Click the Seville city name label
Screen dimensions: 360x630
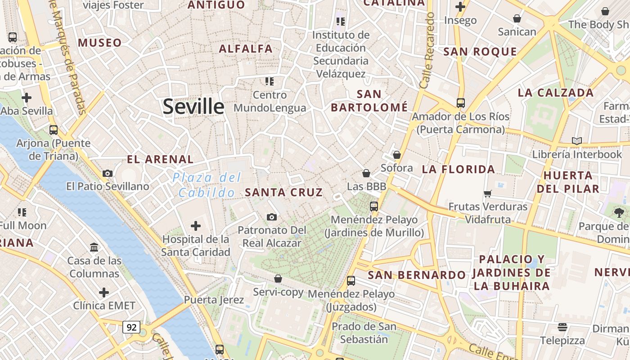pyautogui.click(x=193, y=107)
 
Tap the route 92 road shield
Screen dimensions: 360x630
pyautogui.click(x=131, y=327)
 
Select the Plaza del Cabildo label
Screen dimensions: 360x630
pyautogui.click(x=207, y=185)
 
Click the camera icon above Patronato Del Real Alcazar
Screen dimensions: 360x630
pyautogui.click(x=271, y=217)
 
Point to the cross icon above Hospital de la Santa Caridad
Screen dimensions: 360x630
pyautogui.click(x=195, y=225)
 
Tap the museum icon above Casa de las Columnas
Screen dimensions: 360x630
pyautogui.click(x=94, y=247)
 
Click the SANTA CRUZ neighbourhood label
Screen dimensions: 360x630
pyautogui.click(x=283, y=193)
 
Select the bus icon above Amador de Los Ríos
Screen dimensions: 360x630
pyautogui.click(x=460, y=103)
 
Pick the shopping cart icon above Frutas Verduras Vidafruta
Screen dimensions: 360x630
pyautogui.click(x=487, y=193)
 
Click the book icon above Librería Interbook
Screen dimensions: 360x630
pyautogui.click(x=577, y=141)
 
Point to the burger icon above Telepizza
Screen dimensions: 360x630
pyautogui.click(x=562, y=327)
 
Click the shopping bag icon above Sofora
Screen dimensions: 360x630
pyautogui.click(x=396, y=155)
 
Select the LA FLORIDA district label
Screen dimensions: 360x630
pyautogui.click(x=458, y=170)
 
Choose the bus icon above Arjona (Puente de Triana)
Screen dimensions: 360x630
pyautogui.click(x=54, y=130)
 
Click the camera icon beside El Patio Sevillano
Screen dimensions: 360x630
pyautogui.click(x=107, y=173)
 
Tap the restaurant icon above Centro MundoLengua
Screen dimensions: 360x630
pyautogui.click(x=269, y=81)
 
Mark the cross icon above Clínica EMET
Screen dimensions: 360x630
pyautogui.click(x=104, y=292)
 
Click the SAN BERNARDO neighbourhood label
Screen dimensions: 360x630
pyautogui.click(x=417, y=275)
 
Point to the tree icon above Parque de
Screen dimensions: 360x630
pyautogui.click(x=618, y=213)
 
